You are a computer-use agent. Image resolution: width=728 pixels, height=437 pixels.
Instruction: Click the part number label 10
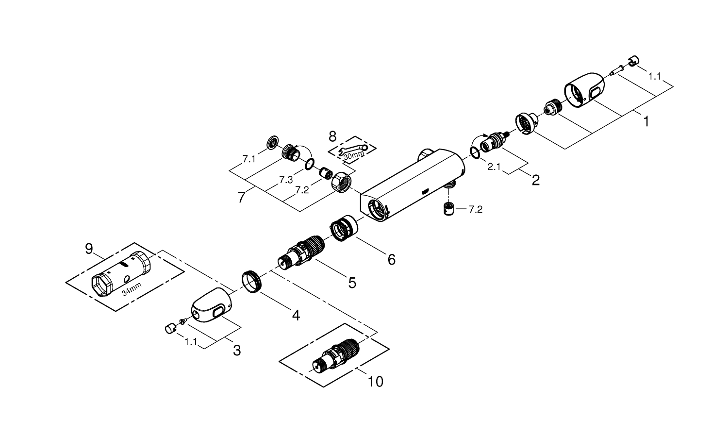(x=376, y=382)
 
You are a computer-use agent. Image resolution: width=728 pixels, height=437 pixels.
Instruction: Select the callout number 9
(x=89, y=249)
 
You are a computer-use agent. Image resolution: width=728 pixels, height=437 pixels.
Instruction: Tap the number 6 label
(x=391, y=260)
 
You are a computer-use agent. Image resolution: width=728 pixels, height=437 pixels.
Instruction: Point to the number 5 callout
(x=351, y=283)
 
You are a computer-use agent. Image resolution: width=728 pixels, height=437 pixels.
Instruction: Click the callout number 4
(x=296, y=315)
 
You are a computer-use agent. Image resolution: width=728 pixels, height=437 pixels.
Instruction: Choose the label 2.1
(x=494, y=167)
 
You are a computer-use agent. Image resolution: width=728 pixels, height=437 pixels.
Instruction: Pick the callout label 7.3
(x=286, y=180)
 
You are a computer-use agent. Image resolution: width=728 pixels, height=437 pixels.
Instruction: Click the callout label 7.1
(x=249, y=159)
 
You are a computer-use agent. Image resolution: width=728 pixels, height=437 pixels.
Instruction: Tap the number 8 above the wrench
(x=332, y=136)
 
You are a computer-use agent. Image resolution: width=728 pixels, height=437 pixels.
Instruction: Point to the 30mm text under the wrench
(x=353, y=155)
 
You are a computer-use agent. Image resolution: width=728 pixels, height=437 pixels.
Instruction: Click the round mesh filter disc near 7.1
(x=273, y=143)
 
